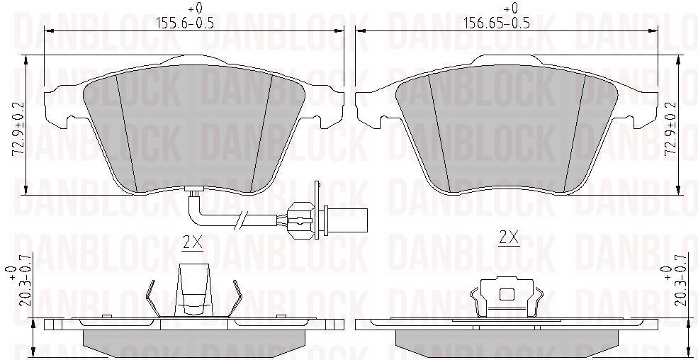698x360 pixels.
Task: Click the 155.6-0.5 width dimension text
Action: click(185, 23)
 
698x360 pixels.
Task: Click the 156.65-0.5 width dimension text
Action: click(497, 23)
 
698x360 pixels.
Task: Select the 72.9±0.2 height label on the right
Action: click(670, 129)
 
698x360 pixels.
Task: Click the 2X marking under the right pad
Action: click(509, 238)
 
